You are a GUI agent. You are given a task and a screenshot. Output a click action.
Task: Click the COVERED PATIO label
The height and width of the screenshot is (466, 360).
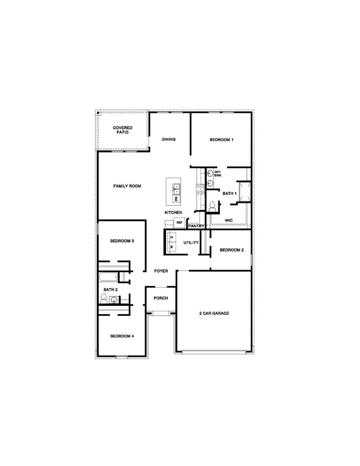pyautogui.click(x=122, y=130)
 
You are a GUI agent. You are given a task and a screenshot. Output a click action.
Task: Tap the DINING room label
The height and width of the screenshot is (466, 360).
pyautogui.click(x=168, y=139)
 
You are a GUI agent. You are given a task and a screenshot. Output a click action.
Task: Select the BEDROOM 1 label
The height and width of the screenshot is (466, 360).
pyautogui.click(x=222, y=140)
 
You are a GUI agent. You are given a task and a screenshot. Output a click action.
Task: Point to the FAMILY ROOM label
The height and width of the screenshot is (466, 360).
pyautogui.click(x=128, y=186)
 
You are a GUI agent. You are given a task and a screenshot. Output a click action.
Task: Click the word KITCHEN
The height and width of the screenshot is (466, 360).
pyautogui.click(x=173, y=213)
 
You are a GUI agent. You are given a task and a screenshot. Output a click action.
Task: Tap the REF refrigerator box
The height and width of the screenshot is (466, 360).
pyautogui.click(x=179, y=222)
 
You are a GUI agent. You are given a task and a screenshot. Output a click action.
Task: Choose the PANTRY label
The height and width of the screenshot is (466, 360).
pyautogui.click(x=197, y=226)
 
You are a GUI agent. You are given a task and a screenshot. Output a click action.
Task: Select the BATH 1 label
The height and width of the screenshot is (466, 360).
pyautogui.click(x=229, y=193)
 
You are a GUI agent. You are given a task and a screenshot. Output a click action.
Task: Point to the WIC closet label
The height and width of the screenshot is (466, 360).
pyautogui.click(x=229, y=221)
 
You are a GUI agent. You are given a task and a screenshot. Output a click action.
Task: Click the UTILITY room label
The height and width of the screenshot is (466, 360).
pyautogui.click(x=191, y=243)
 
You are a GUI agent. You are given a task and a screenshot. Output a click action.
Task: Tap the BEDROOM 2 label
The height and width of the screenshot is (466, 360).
pyautogui.click(x=232, y=250)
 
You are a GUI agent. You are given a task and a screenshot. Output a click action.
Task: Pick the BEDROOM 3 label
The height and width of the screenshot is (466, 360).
pyautogui.click(x=122, y=241)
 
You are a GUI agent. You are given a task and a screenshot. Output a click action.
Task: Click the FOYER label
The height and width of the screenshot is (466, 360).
pyautogui.click(x=161, y=271)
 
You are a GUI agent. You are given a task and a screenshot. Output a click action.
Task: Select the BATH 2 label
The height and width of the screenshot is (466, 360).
pyautogui.click(x=110, y=289)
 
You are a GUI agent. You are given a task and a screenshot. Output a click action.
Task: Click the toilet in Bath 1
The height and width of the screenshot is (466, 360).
pyautogui.click(x=213, y=206)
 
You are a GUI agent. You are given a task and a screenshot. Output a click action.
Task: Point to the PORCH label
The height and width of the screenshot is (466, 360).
pyautogui.click(x=161, y=298)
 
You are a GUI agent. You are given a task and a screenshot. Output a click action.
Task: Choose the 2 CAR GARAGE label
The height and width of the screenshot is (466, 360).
pyautogui.click(x=214, y=313)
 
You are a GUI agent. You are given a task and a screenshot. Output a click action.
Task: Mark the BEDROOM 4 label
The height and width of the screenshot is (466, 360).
pyautogui.click(x=122, y=336)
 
